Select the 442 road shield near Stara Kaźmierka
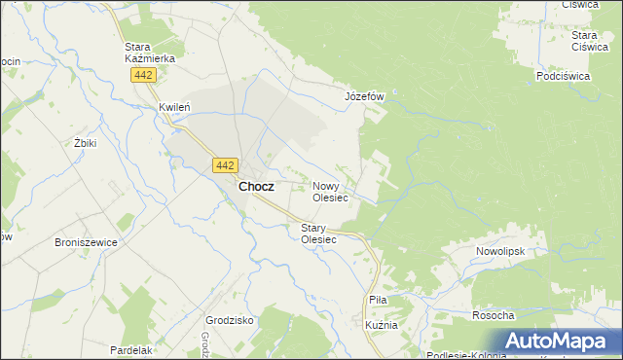coord(144,75)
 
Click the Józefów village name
coord(366,97)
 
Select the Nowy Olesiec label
coord(330,191)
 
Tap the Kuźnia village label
coord(381,325)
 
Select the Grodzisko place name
coord(230,319)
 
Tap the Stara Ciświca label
coord(590,41)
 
